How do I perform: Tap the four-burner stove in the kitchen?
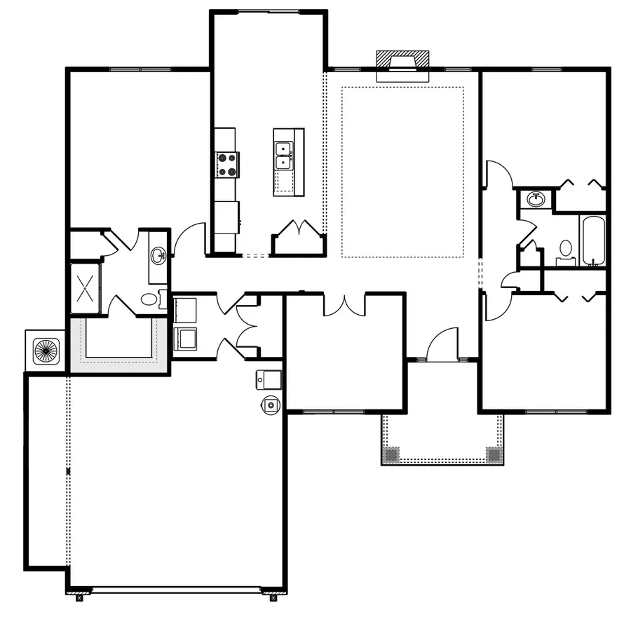pos(226,165)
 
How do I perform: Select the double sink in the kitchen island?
pos(284,156)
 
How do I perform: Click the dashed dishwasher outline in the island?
pos(284,183)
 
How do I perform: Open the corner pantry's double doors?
pos(299,230)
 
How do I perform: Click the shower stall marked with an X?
pos(86,288)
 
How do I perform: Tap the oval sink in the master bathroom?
pos(158,255)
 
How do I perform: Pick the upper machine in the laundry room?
pos(185,309)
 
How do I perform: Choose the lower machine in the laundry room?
pos(185,339)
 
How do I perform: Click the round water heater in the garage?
pos(271,404)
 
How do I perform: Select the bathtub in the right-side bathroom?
pos(592,240)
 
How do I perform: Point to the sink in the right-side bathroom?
pos(537,199)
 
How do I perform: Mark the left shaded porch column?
pos(391,454)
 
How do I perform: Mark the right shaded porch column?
pos(494,454)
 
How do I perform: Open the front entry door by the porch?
pos(442,346)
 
